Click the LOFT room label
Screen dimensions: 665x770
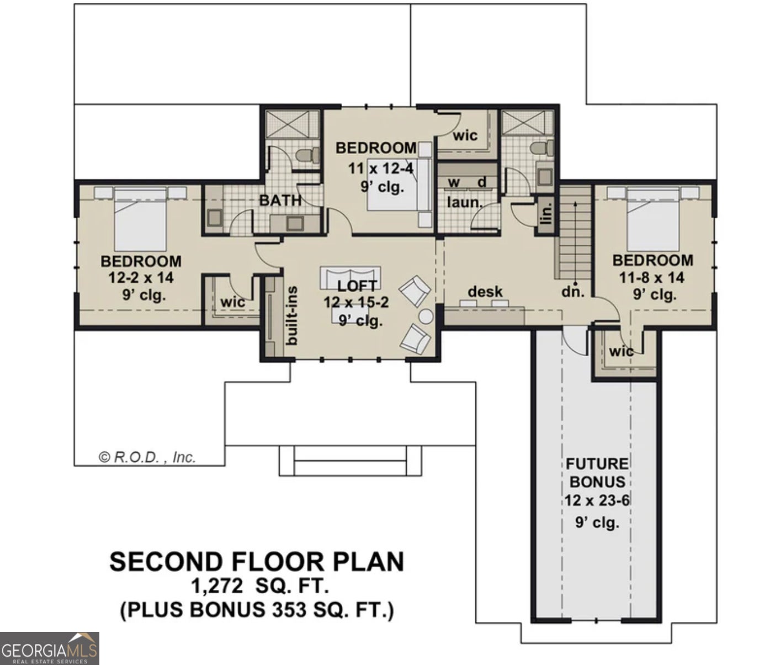(x=357, y=286)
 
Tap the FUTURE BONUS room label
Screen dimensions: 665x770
(x=597, y=472)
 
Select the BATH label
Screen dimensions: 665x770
(x=280, y=200)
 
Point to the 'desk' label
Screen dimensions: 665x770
(x=485, y=291)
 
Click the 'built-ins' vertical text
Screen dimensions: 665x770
(x=292, y=315)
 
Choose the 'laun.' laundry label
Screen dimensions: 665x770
(x=464, y=203)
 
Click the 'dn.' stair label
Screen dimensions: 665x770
(x=573, y=292)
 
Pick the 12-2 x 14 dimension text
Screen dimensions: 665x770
(x=141, y=278)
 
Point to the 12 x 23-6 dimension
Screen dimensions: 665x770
(x=597, y=501)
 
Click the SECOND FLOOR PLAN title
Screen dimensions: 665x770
(x=257, y=562)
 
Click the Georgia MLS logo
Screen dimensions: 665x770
(x=49, y=648)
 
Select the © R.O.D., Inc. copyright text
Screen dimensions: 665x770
(x=147, y=457)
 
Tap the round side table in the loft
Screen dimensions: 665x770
(x=426, y=316)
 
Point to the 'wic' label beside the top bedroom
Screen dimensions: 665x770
(x=465, y=136)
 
